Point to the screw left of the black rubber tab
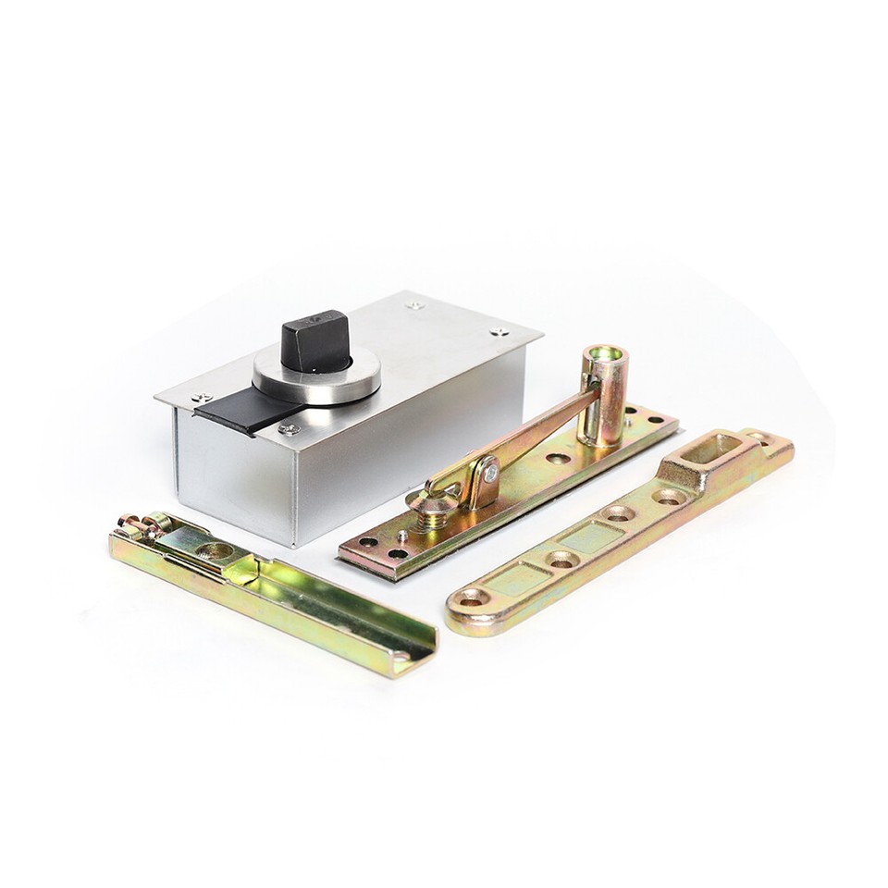[197, 399]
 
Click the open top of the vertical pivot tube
[606, 355]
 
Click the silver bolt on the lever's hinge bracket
[489, 474]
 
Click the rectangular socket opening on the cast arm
[711, 450]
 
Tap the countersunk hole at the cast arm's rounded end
[471, 599]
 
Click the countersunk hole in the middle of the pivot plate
[557, 457]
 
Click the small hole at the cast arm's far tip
[758, 434]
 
